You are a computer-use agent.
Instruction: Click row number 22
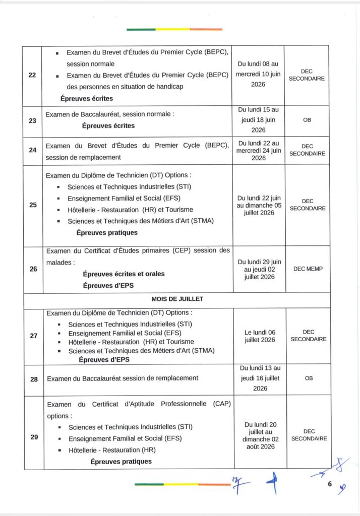click(x=32, y=75)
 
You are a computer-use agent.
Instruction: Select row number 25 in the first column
click(x=33, y=205)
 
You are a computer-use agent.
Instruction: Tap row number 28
click(x=34, y=378)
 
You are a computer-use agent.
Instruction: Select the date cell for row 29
click(x=260, y=435)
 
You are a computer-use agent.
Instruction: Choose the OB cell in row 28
click(x=309, y=378)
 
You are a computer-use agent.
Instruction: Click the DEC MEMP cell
click(x=308, y=269)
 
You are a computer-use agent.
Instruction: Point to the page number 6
click(x=329, y=485)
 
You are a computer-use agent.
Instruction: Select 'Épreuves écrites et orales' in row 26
click(x=124, y=274)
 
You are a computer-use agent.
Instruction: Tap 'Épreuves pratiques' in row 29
click(x=121, y=461)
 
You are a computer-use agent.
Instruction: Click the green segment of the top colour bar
click(x=141, y=29)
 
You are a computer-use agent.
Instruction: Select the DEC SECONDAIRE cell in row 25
click(x=308, y=205)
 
